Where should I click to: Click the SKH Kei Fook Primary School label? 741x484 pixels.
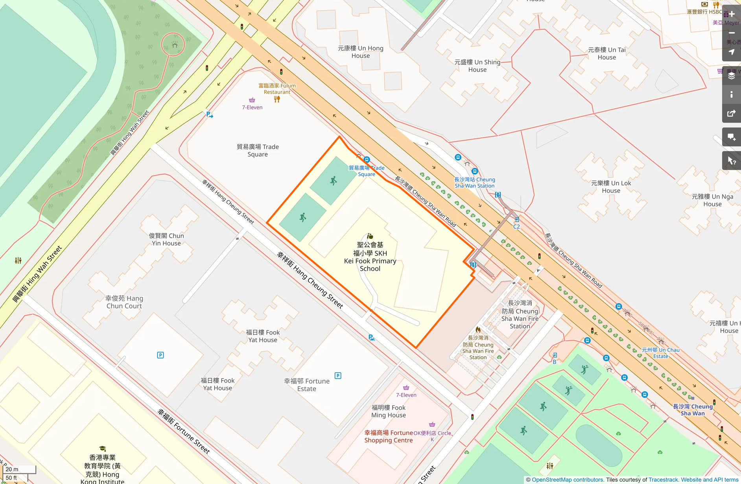[370, 257]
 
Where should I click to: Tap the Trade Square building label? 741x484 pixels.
[258, 150]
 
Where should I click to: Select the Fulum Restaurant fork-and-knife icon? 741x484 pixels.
[277, 99]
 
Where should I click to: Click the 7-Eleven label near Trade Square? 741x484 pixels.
[252, 107]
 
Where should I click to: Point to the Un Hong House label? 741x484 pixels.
[360, 52]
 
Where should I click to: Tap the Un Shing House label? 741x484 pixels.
[477, 66]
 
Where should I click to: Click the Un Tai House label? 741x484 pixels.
[606, 54]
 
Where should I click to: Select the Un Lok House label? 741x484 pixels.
[611, 187]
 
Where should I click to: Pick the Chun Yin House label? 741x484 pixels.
[166, 239]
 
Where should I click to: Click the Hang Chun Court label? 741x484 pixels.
[124, 302]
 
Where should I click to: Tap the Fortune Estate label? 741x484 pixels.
[306, 385]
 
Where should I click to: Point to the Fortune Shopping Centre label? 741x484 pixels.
[388, 436]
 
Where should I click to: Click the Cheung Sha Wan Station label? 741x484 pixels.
[474, 183]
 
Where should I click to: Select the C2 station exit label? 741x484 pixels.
[516, 227]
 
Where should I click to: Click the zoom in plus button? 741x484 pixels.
[732, 14]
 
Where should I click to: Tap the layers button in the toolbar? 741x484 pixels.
[732, 76]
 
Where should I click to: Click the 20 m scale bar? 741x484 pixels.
[19, 469]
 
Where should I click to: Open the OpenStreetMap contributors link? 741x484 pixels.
[567, 480]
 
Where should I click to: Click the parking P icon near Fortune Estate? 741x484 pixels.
[338, 376]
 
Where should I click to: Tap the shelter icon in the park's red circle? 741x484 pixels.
[175, 45]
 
